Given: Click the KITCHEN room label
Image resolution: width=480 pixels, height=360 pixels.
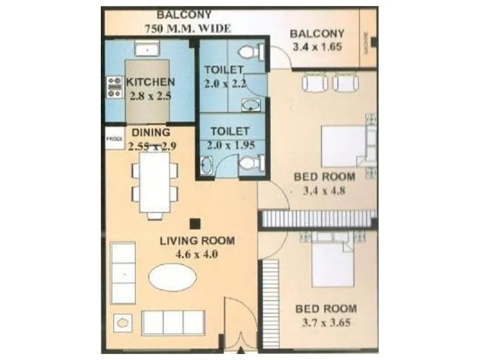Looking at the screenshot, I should [x=150, y=82].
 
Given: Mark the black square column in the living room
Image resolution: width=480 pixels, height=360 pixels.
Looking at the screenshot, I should [x=194, y=223].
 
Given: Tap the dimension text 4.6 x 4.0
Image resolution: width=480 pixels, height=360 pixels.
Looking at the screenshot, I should [x=196, y=254].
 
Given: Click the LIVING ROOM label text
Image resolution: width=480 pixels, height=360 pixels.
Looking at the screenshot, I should [x=197, y=241].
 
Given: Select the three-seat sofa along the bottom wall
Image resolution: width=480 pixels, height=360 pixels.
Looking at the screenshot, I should [x=173, y=322].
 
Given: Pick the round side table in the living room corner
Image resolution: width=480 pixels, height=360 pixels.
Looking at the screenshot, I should [x=124, y=323].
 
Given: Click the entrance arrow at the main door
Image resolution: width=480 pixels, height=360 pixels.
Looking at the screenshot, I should [x=241, y=350].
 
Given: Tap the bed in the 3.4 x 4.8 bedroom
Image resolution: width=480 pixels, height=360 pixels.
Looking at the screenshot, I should [x=344, y=145].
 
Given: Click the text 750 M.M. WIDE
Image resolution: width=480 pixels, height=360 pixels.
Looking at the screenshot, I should [x=187, y=28].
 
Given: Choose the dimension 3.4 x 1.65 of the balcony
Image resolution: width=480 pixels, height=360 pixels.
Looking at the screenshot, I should [x=316, y=47].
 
